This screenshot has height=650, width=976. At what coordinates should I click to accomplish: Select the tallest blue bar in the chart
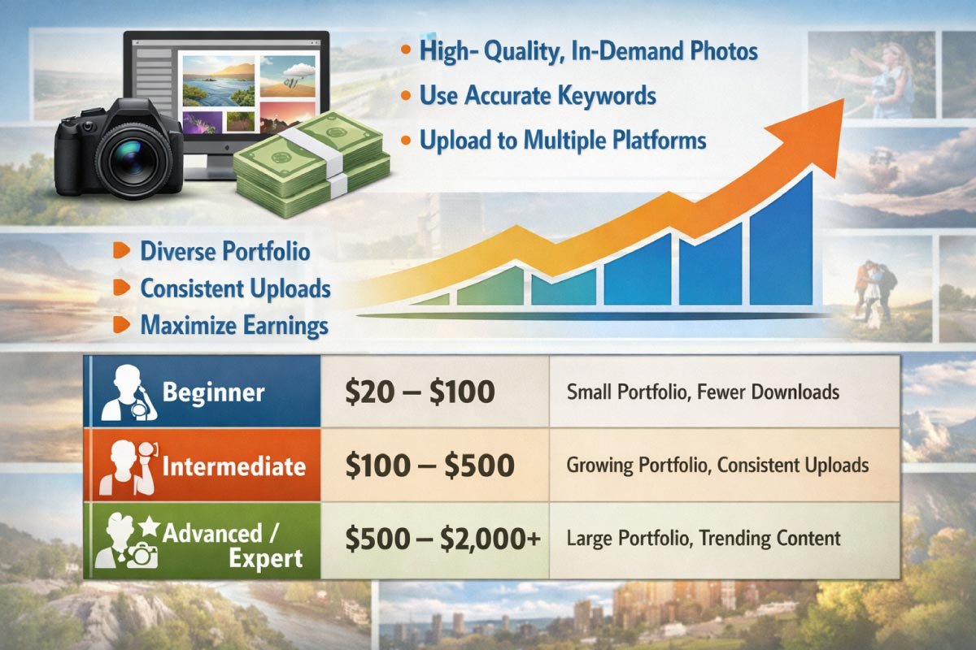[782, 239]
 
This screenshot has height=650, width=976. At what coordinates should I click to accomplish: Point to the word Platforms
[658, 141]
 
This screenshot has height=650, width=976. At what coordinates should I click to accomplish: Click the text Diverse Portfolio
[224, 251]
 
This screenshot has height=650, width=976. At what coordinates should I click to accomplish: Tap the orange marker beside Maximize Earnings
[121, 325]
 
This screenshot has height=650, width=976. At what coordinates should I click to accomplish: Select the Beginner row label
[213, 392]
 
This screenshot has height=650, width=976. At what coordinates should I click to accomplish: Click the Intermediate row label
[234, 466]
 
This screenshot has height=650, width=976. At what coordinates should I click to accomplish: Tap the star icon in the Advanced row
[149, 526]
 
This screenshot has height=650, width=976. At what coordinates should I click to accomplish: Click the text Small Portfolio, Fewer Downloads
[703, 392]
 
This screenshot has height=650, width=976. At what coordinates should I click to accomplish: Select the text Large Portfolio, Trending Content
[704, 539]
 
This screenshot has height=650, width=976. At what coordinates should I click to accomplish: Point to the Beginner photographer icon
[129, 392]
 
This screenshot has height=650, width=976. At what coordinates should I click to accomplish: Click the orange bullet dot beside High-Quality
[406, 50]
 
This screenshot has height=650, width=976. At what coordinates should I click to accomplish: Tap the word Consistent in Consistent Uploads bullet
[192, 288]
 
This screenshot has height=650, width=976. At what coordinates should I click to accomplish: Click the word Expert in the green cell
[266, 558]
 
